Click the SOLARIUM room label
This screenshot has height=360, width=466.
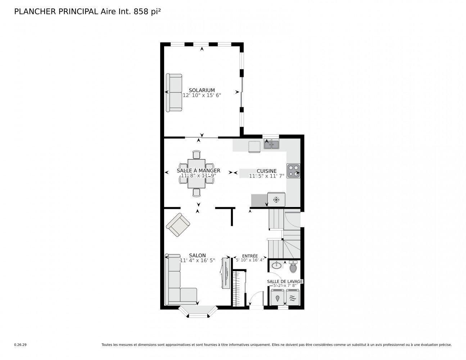202,90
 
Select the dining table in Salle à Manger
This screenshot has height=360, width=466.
196,174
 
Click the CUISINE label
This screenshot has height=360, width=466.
266,171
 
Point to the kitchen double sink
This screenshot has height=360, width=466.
272,145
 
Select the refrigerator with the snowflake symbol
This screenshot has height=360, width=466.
276,199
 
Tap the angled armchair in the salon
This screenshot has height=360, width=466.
178,225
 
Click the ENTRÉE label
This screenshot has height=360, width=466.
250,256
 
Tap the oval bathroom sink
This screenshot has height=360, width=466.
277,266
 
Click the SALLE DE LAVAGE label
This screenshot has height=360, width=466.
285,281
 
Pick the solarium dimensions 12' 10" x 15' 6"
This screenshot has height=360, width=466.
202,95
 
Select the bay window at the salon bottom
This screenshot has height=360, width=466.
198,312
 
